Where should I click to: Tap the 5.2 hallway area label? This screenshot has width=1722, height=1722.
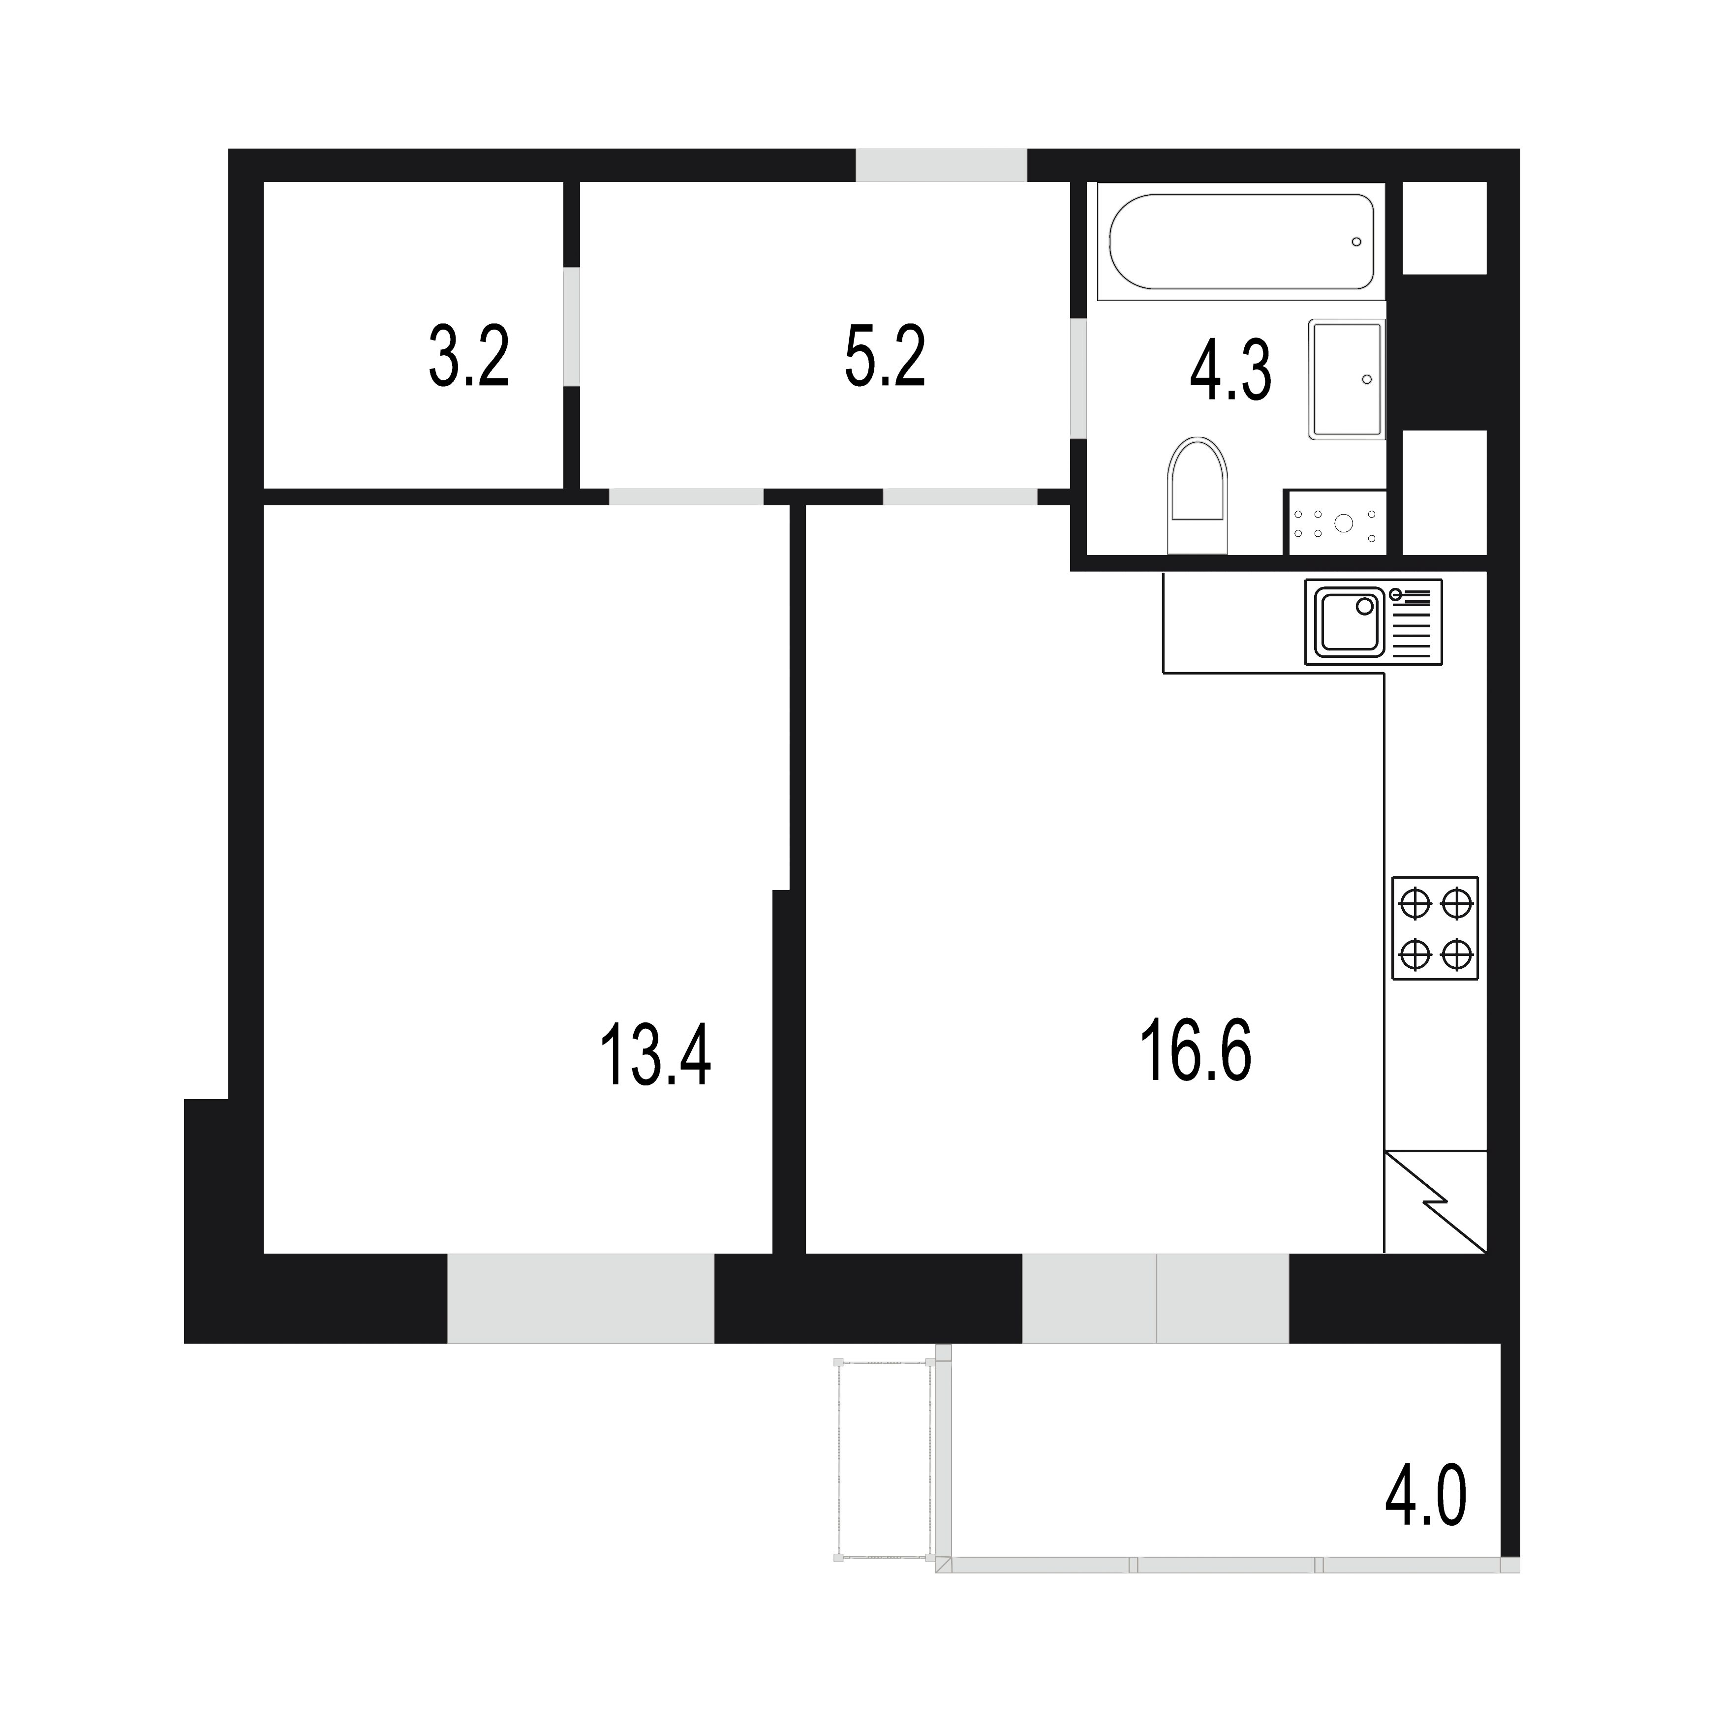(x=885, y=357)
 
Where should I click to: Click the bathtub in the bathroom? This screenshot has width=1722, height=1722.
(x=1241, y=242)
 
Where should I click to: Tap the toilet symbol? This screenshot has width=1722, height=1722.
(x=1197, y=495)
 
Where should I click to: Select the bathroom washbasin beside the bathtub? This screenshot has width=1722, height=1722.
(x=1347, y=379)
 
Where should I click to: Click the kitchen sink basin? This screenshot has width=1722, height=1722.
(x=1350, y=621)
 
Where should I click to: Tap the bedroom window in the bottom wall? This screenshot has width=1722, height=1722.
(x=580, y=1298)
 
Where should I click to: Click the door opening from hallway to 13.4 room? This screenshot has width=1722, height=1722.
(x=686, y=496)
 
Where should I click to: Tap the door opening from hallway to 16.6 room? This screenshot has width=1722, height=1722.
(x=960, y=496)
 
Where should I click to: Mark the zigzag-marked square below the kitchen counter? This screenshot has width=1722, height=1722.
(x=1435, y=1201)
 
